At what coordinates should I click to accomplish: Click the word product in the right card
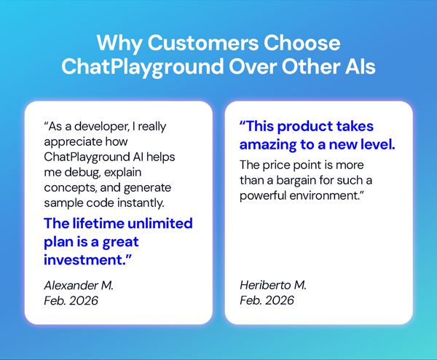[x=306, y=126]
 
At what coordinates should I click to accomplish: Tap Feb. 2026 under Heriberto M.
[x=267, y=300]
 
